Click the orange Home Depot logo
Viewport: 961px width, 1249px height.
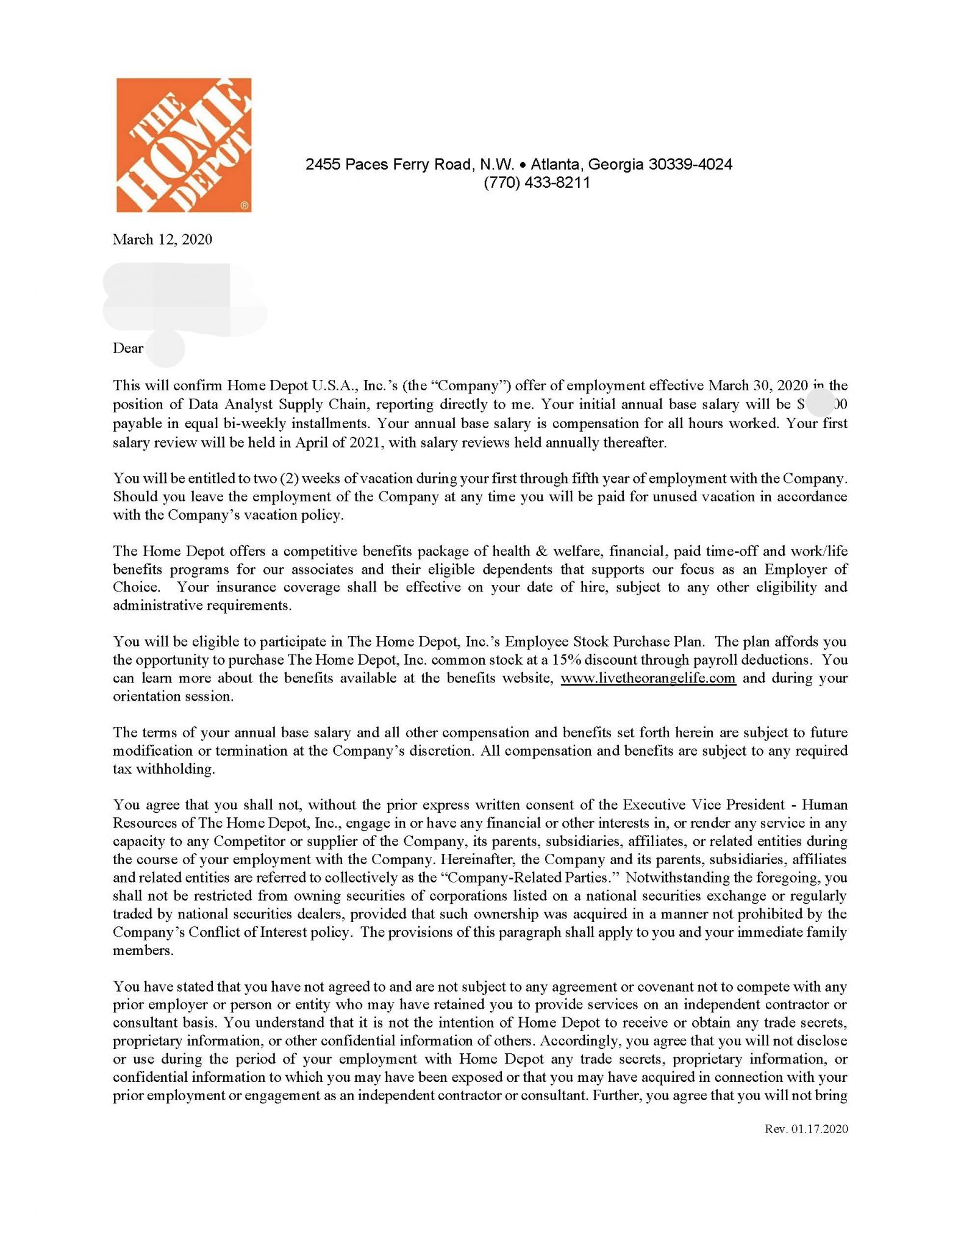pos(184,145)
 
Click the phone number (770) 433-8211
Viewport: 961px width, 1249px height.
pos(537,183)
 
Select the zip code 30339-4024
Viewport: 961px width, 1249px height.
pos(690,164)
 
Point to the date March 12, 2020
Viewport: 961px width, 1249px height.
pos(162,239)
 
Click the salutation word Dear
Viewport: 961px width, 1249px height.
pos(128,348)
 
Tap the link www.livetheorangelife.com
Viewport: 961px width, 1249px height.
pos(648,678)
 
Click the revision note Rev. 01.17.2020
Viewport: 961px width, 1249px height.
pos(806,1129)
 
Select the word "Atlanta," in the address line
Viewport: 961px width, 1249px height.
pos(557,164)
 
